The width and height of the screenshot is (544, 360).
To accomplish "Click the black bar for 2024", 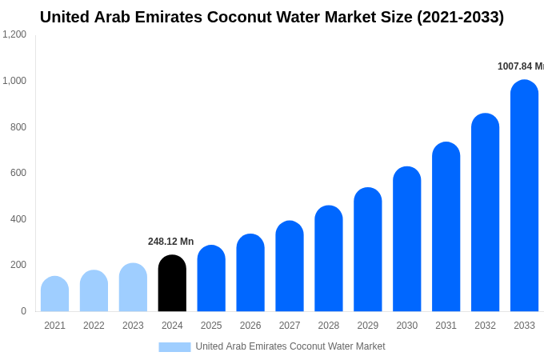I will (172, 284).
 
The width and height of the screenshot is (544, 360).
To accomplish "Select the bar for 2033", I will (524, 196).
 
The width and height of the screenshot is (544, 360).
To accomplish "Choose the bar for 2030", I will (406, 239).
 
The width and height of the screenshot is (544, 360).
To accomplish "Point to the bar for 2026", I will (250, 273).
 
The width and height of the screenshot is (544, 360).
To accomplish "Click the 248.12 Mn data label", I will (170, 242).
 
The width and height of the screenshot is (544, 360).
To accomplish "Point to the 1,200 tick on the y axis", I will (14, 34).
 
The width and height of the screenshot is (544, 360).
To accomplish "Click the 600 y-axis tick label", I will (18, 173).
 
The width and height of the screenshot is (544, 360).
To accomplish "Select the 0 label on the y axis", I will (23, 311).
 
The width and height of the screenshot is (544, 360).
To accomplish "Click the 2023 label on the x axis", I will (133, 326).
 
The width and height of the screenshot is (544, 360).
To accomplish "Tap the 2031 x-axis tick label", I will (446, 326).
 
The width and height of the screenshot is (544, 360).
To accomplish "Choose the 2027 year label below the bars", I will (290, 326).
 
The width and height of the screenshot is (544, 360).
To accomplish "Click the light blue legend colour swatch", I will (174, 347).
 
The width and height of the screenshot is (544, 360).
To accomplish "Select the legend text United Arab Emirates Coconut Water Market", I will (290, 346).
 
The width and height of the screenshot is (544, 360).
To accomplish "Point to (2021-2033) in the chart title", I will (454, 17).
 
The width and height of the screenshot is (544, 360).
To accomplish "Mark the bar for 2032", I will (485, 213).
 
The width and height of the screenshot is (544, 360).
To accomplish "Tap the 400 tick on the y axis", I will (18, 219).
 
